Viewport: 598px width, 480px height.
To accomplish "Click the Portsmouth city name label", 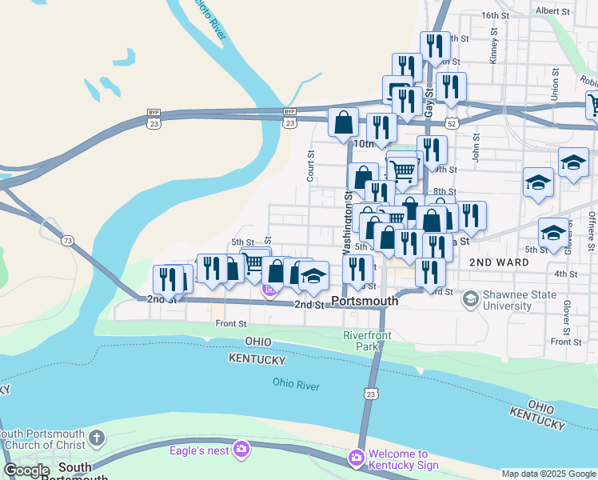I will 364,302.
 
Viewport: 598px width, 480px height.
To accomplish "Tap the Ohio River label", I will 296,386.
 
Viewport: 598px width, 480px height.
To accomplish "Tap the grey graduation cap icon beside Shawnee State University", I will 471,299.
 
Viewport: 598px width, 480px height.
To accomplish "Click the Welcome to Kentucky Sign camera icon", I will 355,458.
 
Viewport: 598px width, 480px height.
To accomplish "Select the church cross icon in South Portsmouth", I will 96,438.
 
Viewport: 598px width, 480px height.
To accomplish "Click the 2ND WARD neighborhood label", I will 499,262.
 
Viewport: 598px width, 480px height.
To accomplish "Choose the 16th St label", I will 496,15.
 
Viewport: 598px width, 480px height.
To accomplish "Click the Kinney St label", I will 495,48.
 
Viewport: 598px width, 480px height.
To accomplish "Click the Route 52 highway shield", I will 453,123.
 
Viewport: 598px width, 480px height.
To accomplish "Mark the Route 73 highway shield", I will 67,241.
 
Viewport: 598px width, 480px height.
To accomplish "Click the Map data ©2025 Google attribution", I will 548,474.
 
